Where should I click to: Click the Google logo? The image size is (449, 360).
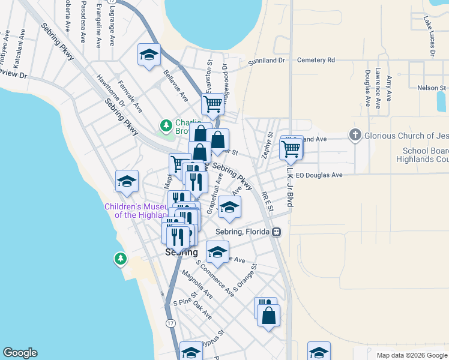point(20,353)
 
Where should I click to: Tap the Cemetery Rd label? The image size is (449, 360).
point(315,61)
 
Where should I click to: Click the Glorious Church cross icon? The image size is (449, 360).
point(355,136)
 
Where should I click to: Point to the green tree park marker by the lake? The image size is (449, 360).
point(121,259)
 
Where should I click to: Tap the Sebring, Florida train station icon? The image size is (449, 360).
point(277,232)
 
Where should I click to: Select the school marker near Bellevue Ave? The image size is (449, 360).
point(148,55)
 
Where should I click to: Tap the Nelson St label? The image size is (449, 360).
point(430,88)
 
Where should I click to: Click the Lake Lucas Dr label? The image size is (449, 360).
point(429,37)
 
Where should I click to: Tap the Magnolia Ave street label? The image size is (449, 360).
point(200,285)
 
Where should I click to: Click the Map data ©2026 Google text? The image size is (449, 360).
point(411,355)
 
